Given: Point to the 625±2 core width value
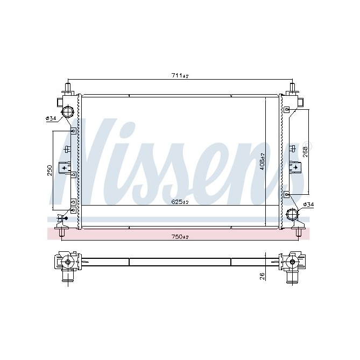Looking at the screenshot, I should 180,202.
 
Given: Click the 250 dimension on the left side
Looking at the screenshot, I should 50,170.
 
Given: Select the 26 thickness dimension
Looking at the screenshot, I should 262,277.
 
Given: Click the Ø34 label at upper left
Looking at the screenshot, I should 51,118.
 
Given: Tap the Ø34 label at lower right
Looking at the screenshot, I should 308,204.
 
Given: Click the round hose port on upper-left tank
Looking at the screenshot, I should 68,112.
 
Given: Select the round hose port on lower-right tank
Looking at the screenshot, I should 293,215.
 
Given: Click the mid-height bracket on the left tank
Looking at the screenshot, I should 68,168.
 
